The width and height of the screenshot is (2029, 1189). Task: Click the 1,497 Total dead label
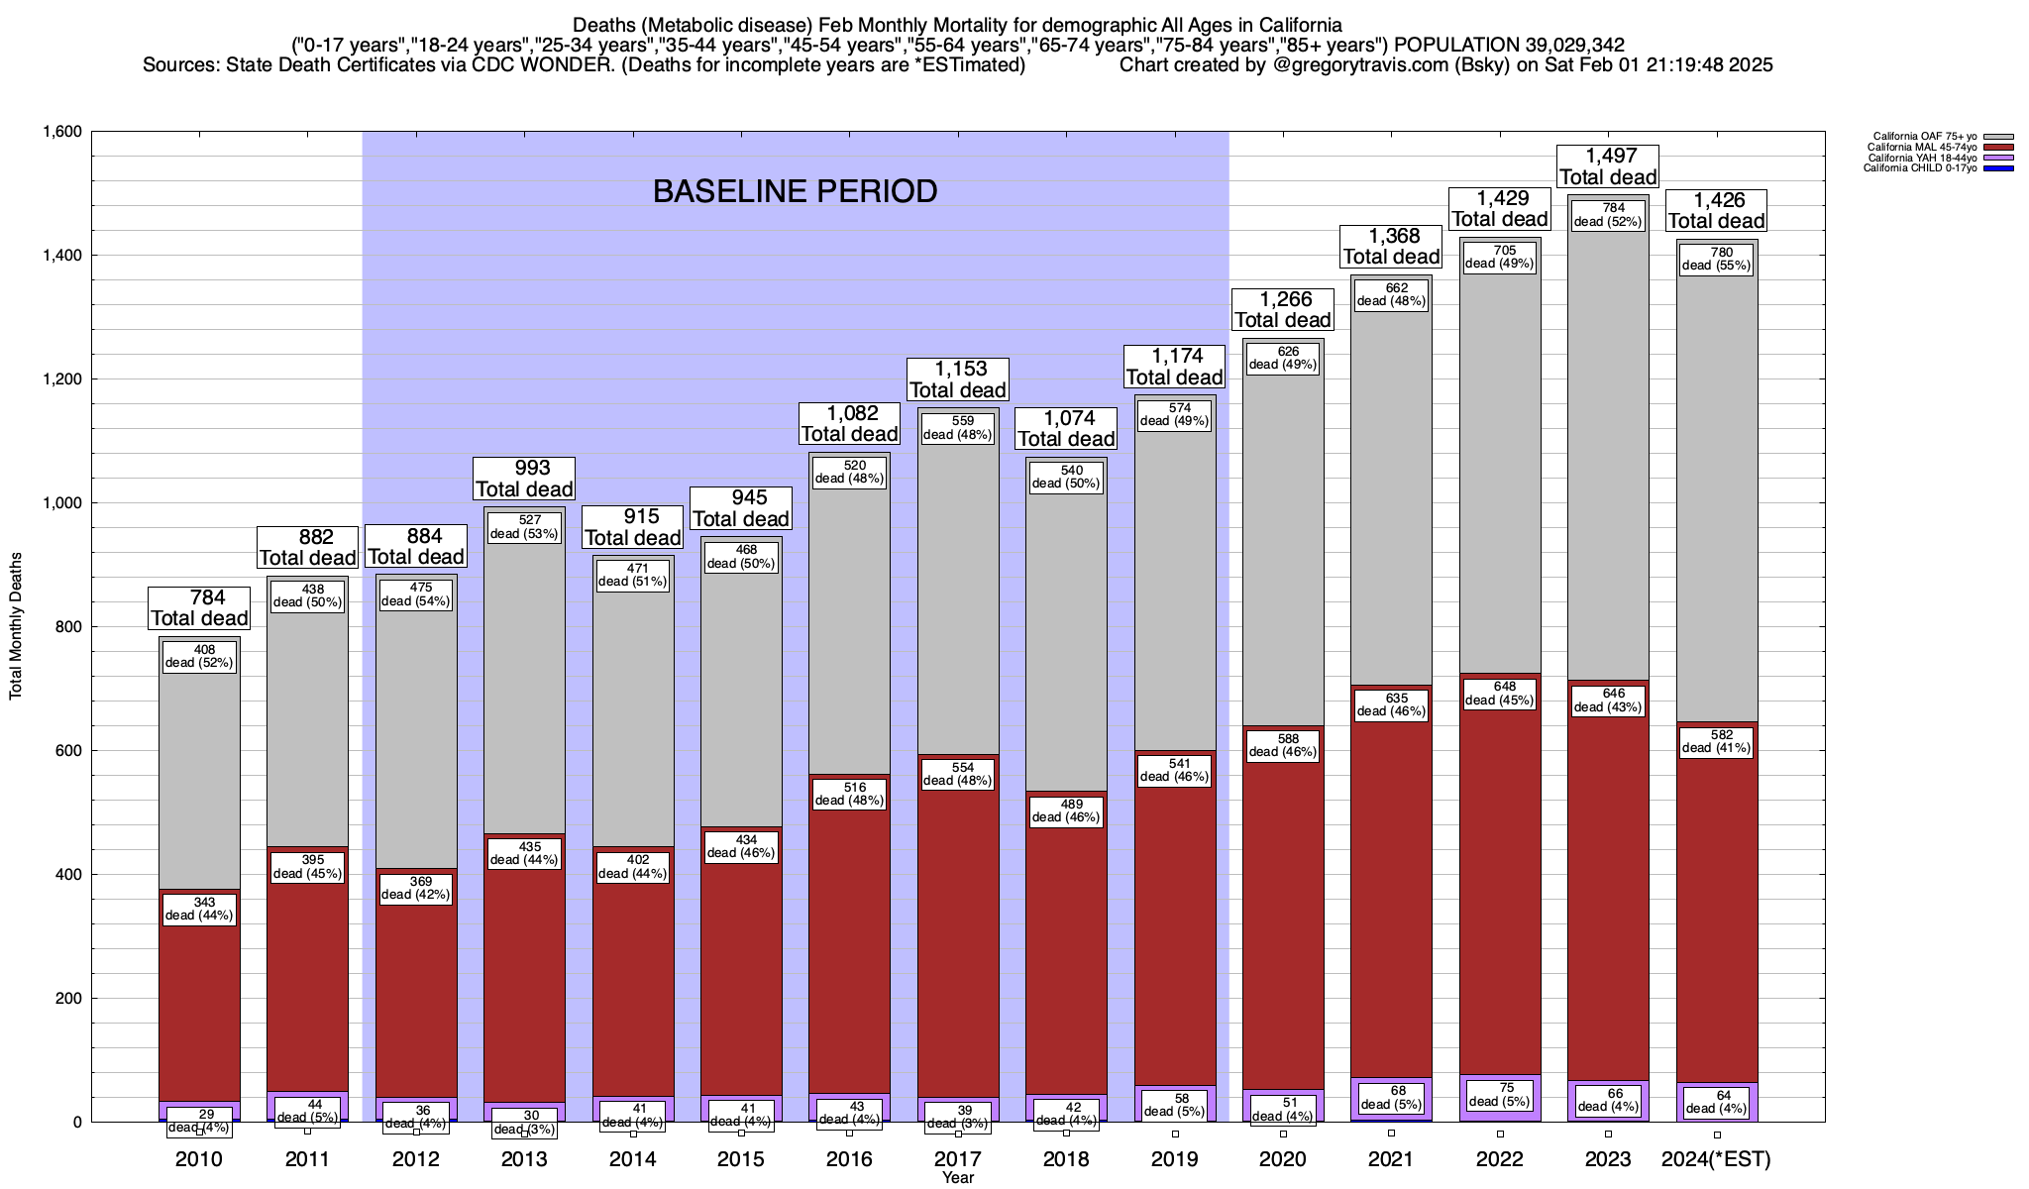click(1607, 166)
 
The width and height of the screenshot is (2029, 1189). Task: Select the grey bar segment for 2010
click(199, 773)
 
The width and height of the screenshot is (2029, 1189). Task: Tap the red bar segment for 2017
click(958, 941)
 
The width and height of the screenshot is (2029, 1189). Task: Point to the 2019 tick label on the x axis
click(1174, 1159)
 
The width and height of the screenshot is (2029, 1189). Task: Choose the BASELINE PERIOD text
click(795, 191)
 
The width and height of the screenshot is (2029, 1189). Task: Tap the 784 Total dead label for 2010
click(199, 607)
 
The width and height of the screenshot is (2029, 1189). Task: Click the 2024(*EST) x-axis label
click(1716, 1159)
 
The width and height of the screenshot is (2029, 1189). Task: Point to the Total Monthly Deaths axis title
click(16, 626)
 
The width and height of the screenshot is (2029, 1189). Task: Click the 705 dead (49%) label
click(1499, 257)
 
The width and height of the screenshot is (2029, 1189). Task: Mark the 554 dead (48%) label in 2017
click(958, 774)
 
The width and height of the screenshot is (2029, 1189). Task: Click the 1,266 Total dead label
click(1282, 309)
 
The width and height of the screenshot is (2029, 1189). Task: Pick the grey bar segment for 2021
click(1391, 495)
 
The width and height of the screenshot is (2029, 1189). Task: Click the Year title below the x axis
click(958, 1178)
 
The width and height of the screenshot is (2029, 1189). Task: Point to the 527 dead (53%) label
click(524, 527)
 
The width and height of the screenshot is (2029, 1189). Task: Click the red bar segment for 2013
click(524, 971)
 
